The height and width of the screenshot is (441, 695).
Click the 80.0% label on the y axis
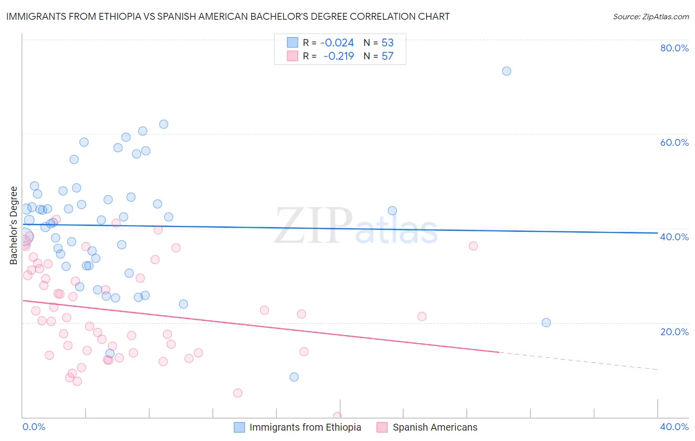[674, 48]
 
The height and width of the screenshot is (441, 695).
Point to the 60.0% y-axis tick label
[674, 142]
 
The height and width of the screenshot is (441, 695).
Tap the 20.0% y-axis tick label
[674, 331]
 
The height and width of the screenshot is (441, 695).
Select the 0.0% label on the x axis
[34, 427]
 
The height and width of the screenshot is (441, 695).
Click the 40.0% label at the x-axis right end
[674, 427]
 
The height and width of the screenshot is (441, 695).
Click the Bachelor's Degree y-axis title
[14, 225]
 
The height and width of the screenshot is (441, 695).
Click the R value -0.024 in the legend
[337, 43]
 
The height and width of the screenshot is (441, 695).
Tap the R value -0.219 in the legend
[338, 56]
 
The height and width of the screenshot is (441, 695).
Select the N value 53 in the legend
[388, 43]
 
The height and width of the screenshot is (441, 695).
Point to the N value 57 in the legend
[388, 56]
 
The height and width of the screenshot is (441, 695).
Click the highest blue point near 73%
[507, 71]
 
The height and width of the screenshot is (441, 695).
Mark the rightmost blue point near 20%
[546, 322]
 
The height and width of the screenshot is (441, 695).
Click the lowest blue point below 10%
[294, 377]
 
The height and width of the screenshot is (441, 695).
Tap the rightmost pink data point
[473, 246]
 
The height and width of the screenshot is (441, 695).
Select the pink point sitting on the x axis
[337, 416]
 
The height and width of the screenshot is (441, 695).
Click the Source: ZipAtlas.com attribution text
[651, 17]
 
